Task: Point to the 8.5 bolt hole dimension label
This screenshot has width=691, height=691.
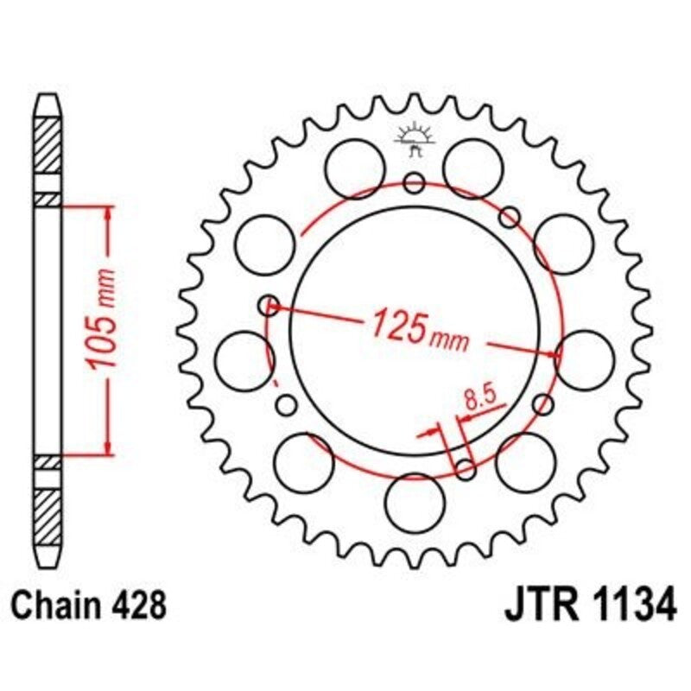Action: click(x=478, y=399)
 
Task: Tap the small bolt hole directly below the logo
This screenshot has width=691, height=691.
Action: click(x=415, y=182)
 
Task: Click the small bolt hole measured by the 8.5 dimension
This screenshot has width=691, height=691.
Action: click(x=465, y=469)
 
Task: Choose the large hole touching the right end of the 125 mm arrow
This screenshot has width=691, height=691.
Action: click(x=585, y=358)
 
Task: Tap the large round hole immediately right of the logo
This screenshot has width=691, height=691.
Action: click(x=472, y=165)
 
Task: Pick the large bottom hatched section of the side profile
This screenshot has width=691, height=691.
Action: click(x=48, y=515)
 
